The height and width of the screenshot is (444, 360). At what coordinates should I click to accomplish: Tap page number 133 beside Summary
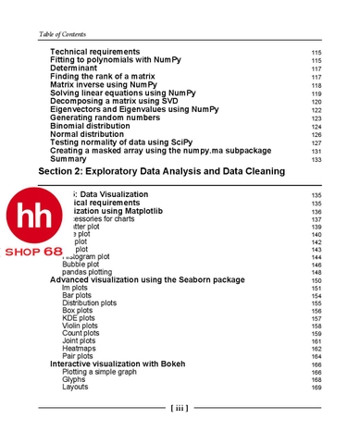tap(317, 159)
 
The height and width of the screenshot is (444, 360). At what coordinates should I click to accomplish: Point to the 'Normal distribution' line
tap(92, 134)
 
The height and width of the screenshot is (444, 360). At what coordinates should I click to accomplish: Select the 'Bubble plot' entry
tap(81, 265)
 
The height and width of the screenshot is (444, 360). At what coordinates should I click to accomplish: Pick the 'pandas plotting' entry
tap(89, 273)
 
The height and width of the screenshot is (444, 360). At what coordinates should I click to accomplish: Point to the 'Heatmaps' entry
tap(80, 349)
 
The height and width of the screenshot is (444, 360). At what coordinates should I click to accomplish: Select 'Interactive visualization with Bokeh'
tap(124, 364)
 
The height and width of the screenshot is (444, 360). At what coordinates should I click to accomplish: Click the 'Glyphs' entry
tap(74, 379)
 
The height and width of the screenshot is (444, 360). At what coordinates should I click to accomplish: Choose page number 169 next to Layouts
tap(317, 388)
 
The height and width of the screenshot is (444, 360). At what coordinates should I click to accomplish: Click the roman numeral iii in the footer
tap(180, 408)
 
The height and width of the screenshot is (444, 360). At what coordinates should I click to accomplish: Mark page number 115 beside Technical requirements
tap(317, 52)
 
